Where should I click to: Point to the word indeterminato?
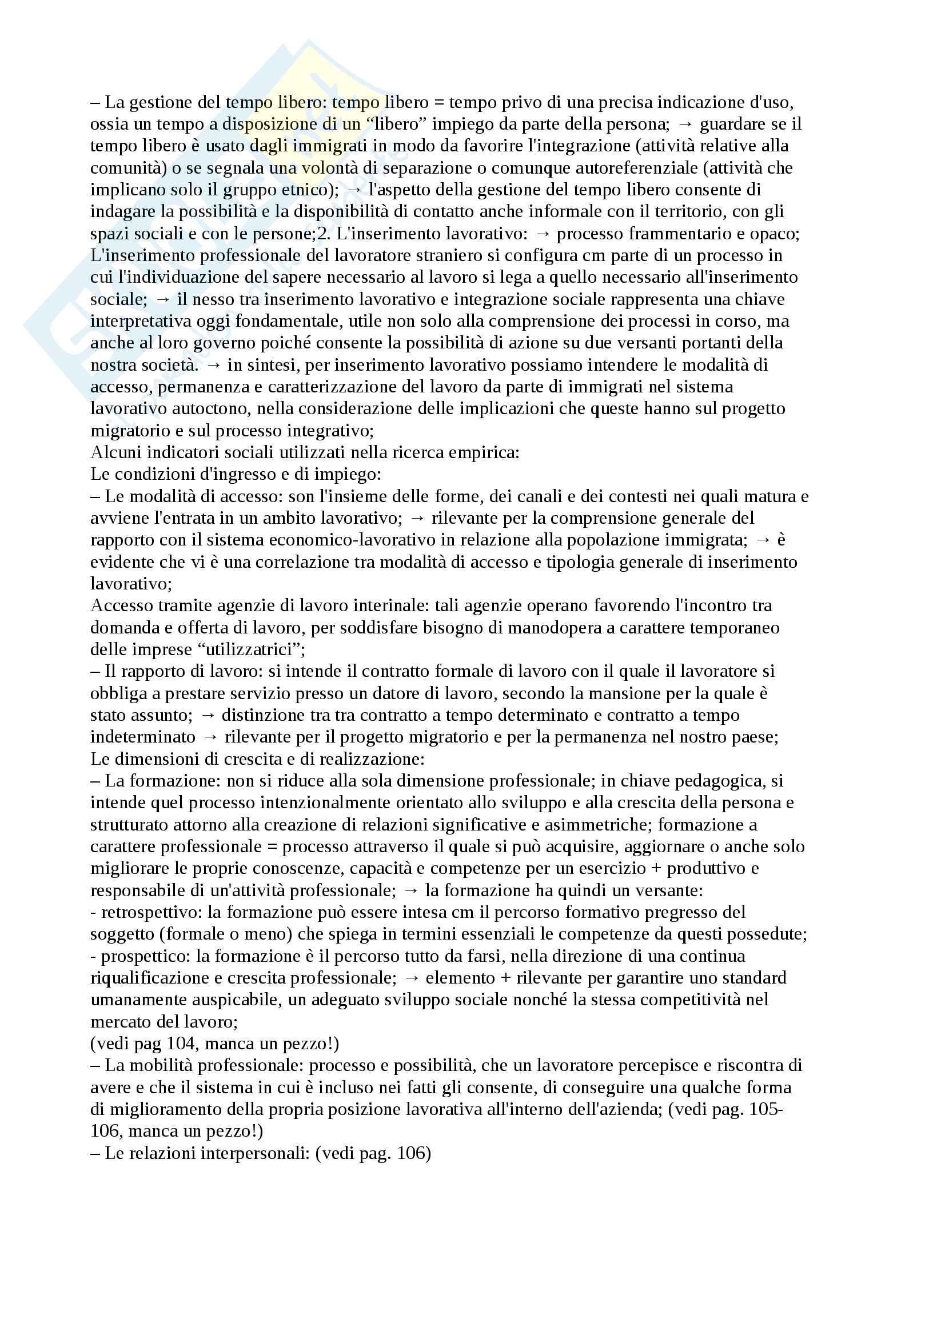click(143, 737)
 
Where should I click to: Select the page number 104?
click(181, 1044)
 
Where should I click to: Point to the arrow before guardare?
click(685, 125)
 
